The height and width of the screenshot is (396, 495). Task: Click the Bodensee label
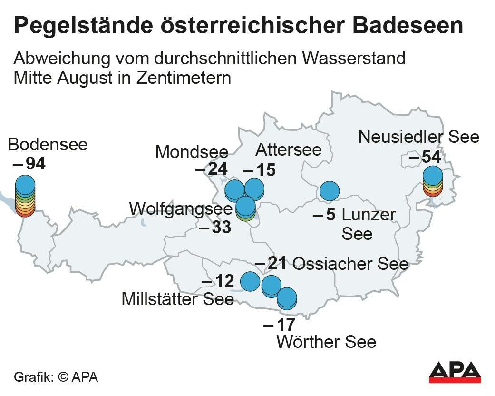(x=48, y=144)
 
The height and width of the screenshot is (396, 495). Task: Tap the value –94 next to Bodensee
(x=29, y=164)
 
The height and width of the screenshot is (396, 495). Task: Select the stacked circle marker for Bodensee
(x=25, y=196)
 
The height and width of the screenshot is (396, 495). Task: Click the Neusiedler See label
(x=418, y=137)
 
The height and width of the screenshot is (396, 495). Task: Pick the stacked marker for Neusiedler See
(x=432, y=181)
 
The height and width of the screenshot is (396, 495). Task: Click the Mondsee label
(x=192, y=152)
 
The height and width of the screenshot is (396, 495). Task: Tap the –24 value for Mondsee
(x=212, y=169)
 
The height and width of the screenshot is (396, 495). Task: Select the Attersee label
(x=289, y=149)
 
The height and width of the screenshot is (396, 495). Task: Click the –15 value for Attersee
(x=259, y=170)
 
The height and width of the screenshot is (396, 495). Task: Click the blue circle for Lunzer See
(x=329, y=191)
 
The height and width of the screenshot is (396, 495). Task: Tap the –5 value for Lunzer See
(x=325, y=215)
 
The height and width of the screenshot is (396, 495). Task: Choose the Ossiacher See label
(x=350, y=264)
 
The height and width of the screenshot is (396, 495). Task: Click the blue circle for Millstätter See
(x=250, y=281)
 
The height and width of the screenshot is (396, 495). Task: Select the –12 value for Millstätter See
(x=218, y=282)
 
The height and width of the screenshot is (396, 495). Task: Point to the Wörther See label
(x=326, y=341)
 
